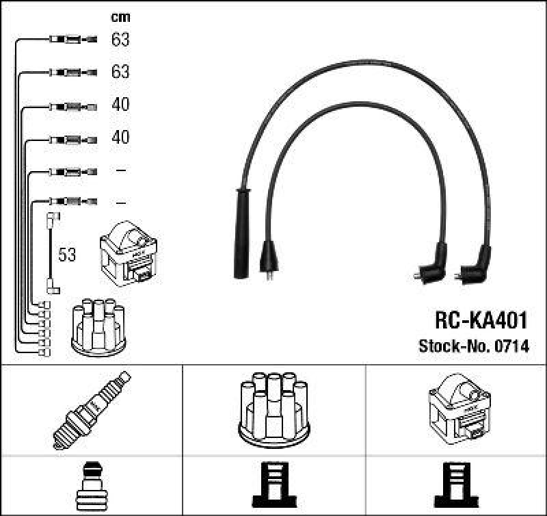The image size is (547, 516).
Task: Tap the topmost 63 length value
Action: pyautogui.click(x=120, y=40)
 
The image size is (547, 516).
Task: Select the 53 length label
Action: pyautogui.click(x=67, y=255)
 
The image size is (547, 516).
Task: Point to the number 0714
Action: pyautogui.click(x=513, y=346)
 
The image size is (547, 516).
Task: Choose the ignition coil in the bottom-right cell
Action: pyautogui.click(x=458, y=408)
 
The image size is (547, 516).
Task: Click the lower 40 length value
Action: pyautogui.click(x=120, y=138)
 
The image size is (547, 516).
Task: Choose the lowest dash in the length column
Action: pyautogui.click(x=121, y=203)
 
